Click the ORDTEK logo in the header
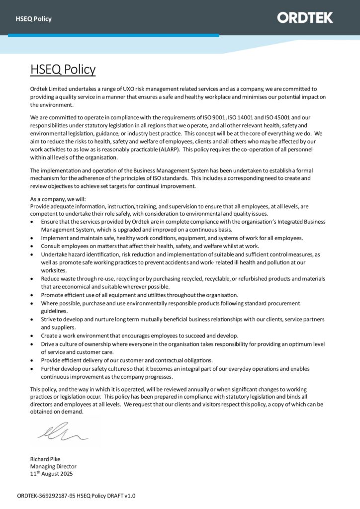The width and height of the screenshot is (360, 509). tap(305, 18)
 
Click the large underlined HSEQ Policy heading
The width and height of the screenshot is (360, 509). tap(63, 69)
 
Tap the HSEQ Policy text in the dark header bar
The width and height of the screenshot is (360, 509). tap(33, 19)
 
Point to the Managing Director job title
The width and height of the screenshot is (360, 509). tap(53, 466)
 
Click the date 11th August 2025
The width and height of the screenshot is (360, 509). tap(51, 474)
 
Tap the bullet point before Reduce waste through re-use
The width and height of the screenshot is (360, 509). tap(33, 279)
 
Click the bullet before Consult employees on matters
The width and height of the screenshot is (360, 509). tap(33, 246)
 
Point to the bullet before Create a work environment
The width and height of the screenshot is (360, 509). tap(33, 336)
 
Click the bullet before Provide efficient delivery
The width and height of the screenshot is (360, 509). tap(33, 360)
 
